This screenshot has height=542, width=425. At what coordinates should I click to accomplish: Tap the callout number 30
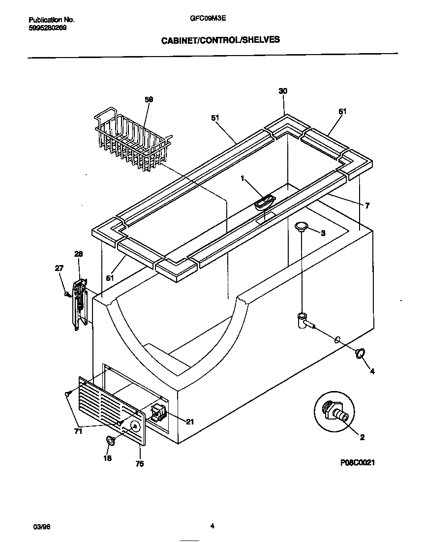click(x=282, y=91)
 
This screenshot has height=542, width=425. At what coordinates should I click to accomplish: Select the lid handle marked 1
click(x=265, y=202)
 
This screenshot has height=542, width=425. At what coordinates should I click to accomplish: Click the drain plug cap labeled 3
click(x=302, y=226)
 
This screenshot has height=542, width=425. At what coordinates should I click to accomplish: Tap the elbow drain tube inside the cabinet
click(x=304, y=320)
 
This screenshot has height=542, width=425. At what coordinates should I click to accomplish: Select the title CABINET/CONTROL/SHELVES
click(x=220, y=40)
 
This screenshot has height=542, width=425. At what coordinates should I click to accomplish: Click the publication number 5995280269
click(x=48, y=28)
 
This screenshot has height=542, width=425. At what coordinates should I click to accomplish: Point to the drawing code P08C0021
click(x=361, y=463)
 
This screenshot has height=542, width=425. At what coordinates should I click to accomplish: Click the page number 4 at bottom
click(x=212, y=526)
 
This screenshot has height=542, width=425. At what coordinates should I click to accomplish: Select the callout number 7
click(x=367, y=205)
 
